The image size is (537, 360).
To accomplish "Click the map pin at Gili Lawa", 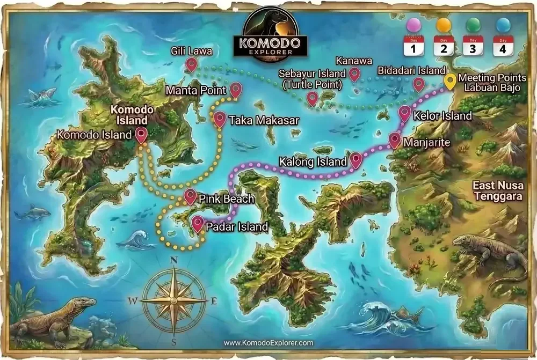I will coord(191,65).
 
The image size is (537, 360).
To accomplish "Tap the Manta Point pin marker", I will coord(235,90).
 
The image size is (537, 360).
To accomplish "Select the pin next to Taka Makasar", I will coord(220,119).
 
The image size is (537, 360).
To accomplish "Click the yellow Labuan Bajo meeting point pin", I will coord(450,81).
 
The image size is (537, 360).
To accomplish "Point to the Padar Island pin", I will coord(198,223).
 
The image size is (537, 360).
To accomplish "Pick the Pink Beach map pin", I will coord(190,196).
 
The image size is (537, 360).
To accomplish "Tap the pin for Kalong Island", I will coord(356,159).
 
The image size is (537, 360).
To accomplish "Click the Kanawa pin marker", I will coord(354,74).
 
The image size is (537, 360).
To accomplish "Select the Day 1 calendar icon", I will coord(413,46).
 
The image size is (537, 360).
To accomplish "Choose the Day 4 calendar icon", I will coord(503,46).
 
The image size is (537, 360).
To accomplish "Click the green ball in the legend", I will coord(473,25).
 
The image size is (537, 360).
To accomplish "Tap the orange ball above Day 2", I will coord(444,25).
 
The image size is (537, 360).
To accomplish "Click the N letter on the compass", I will coord(173,261).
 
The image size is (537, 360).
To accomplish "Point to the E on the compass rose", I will coord(214,302).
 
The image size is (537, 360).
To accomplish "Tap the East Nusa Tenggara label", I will coord(497,191).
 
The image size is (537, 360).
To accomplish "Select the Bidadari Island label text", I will coord(411,71).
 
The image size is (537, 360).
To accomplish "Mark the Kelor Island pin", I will coord(405,114).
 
